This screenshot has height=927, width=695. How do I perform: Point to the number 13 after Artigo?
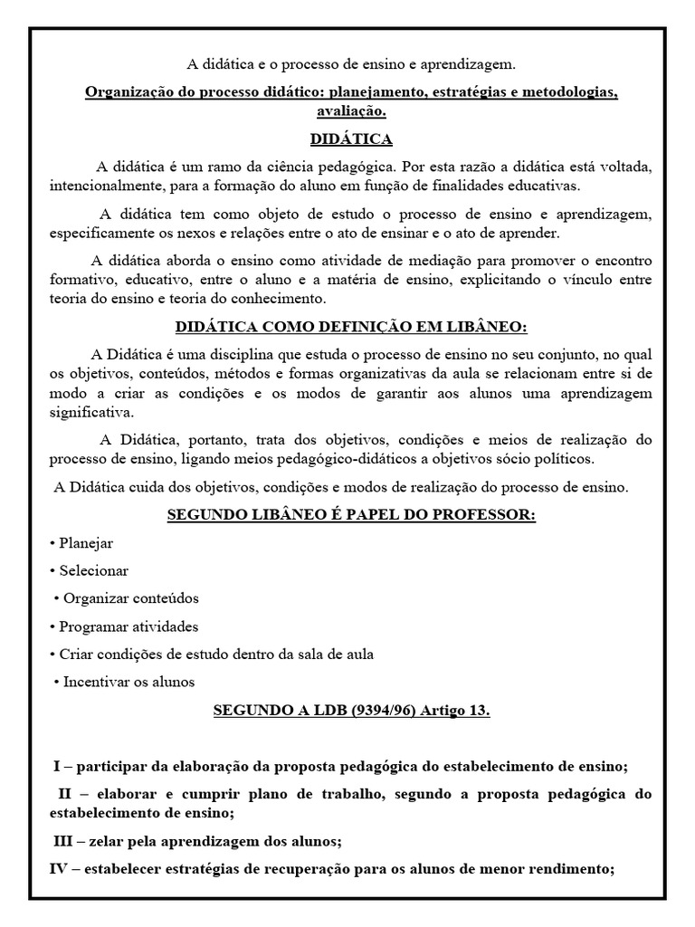[x=479, y=711]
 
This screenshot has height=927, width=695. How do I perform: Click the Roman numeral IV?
[x=60, y=869]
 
